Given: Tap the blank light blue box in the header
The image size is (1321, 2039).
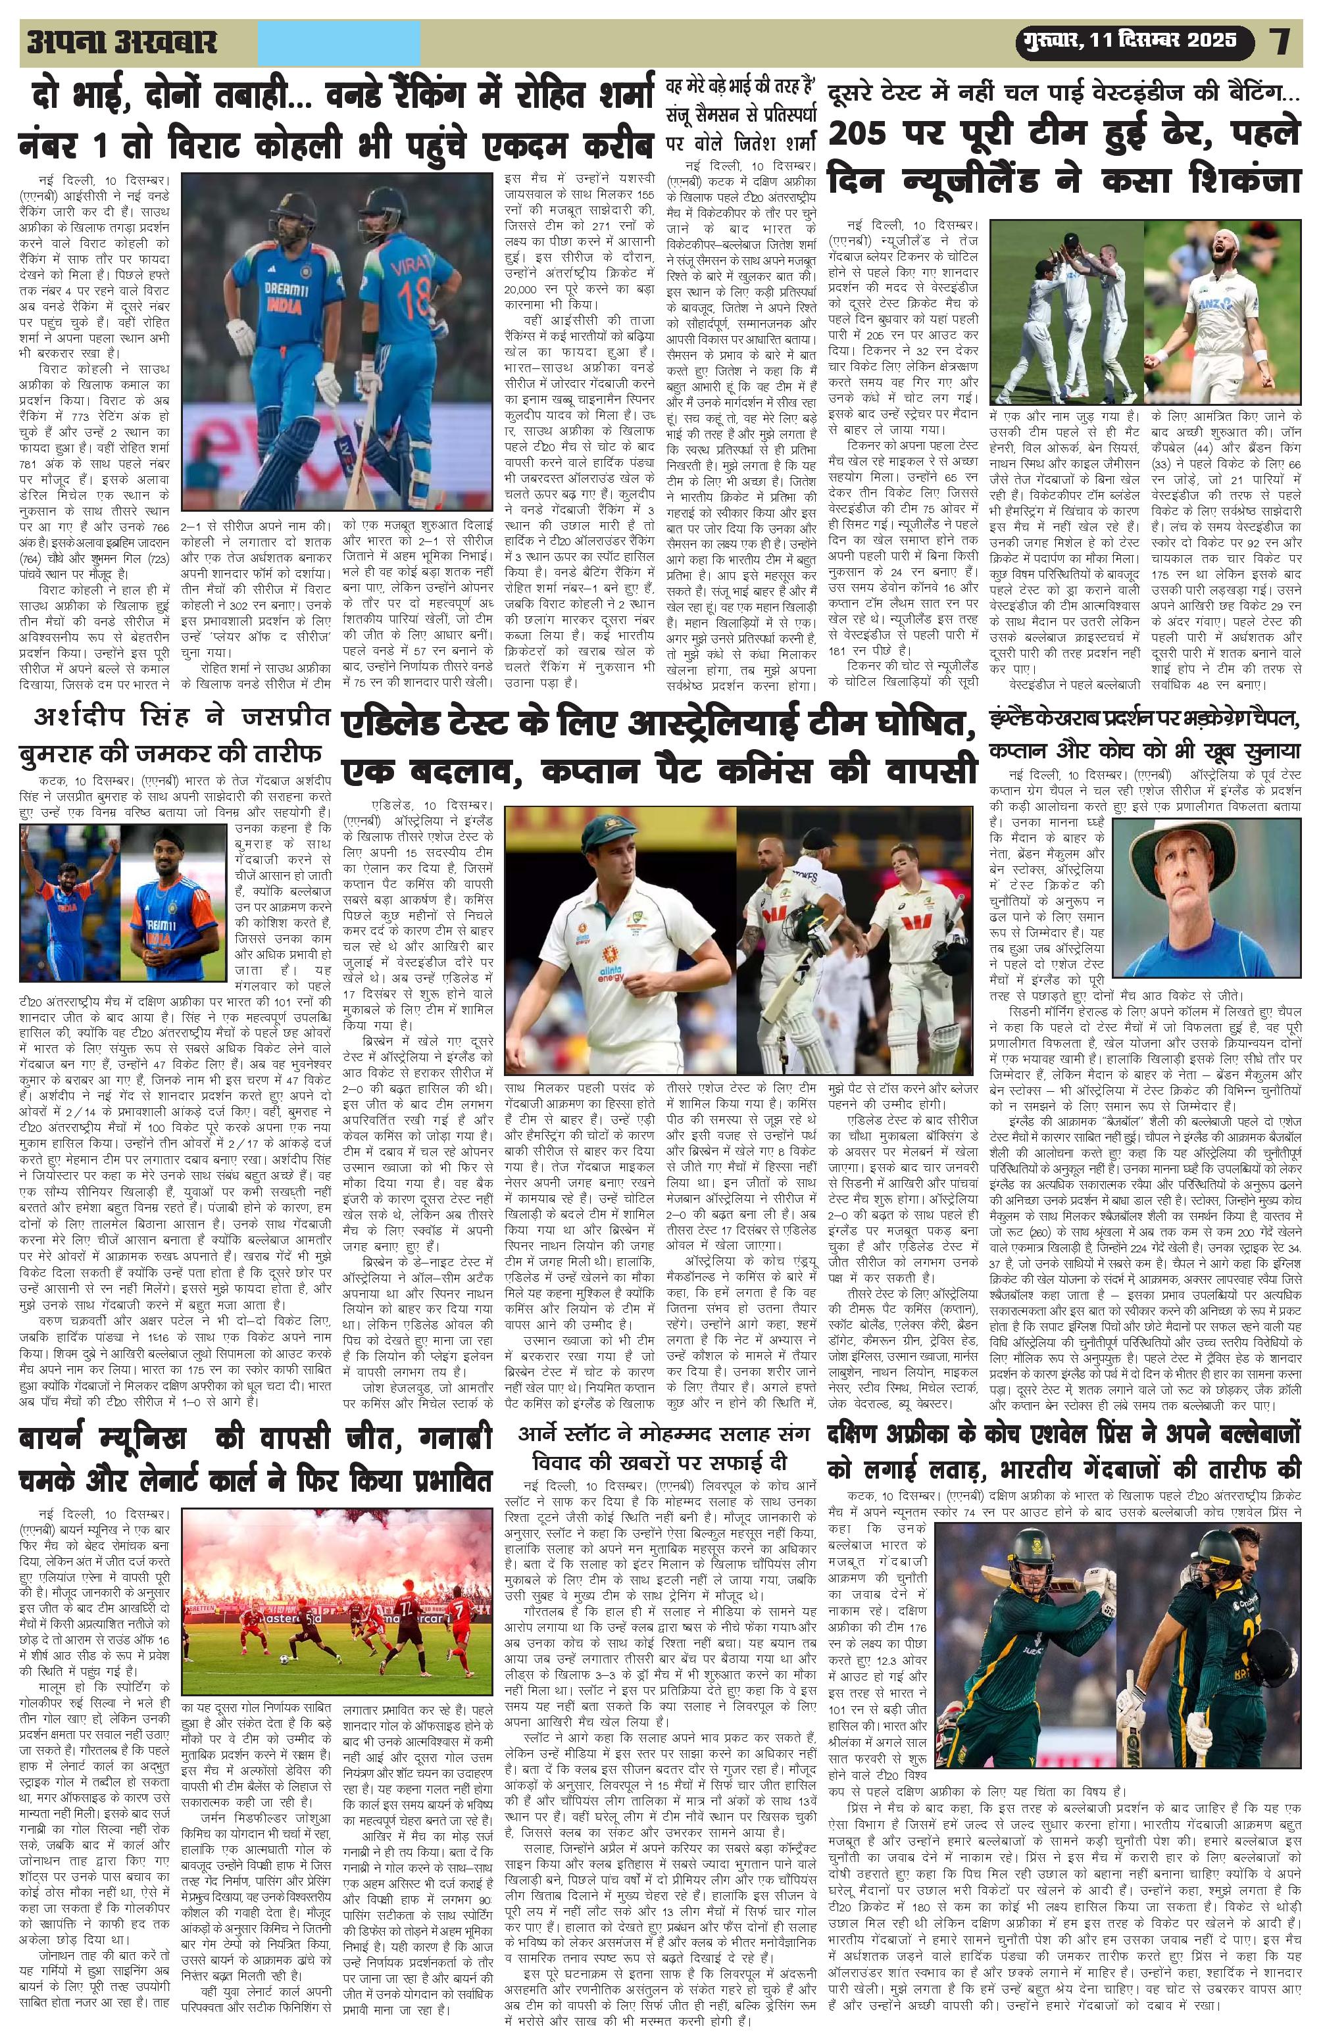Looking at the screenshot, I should point(338,42).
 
